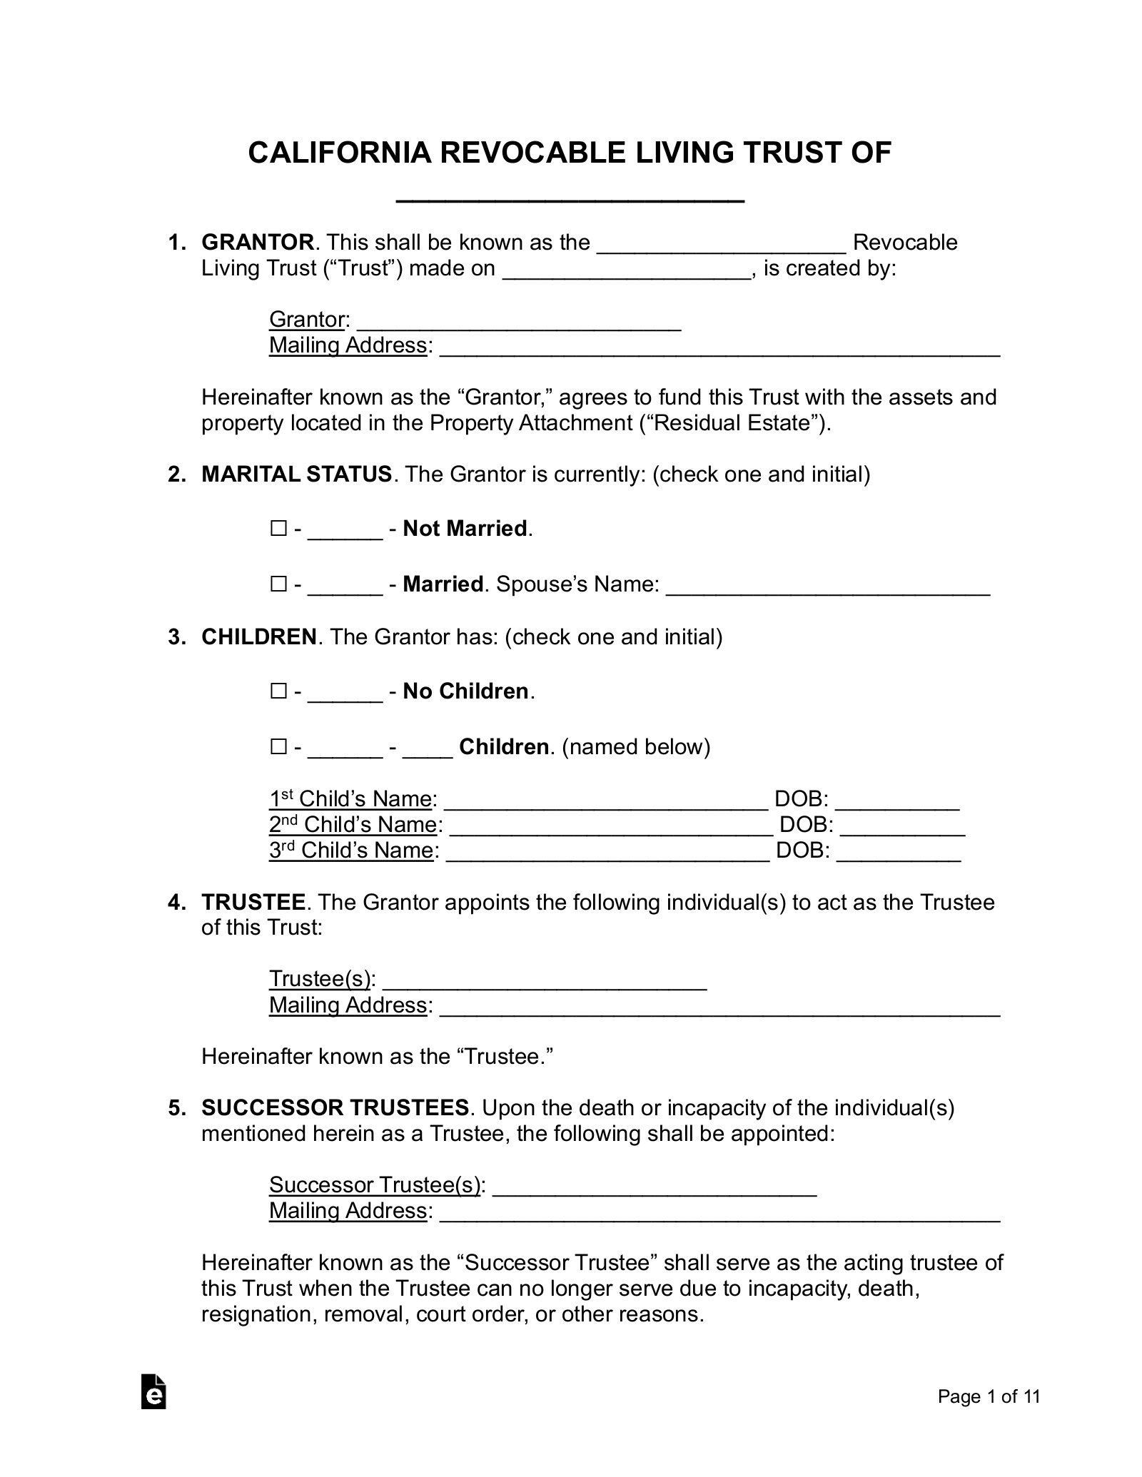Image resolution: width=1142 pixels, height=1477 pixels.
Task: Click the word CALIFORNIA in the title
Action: [339, 153]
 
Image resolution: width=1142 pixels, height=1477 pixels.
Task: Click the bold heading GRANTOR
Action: [257, 243]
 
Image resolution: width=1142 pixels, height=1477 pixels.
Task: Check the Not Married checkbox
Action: [278, 529]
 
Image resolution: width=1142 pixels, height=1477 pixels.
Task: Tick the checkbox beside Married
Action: [278, 584]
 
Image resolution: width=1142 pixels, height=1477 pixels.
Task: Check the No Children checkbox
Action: [278, 691]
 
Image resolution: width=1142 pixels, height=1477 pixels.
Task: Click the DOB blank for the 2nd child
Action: [903, 828]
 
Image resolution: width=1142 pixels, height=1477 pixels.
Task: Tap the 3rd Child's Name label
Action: [351, 851]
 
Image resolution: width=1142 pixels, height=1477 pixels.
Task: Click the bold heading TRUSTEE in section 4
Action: [253, 902]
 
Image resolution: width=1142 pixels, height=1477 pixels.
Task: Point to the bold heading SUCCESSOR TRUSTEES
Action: [335, 1107]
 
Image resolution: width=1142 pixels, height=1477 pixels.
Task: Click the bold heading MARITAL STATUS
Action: [296, 474]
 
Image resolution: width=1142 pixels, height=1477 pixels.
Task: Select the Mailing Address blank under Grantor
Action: [719, 348]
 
